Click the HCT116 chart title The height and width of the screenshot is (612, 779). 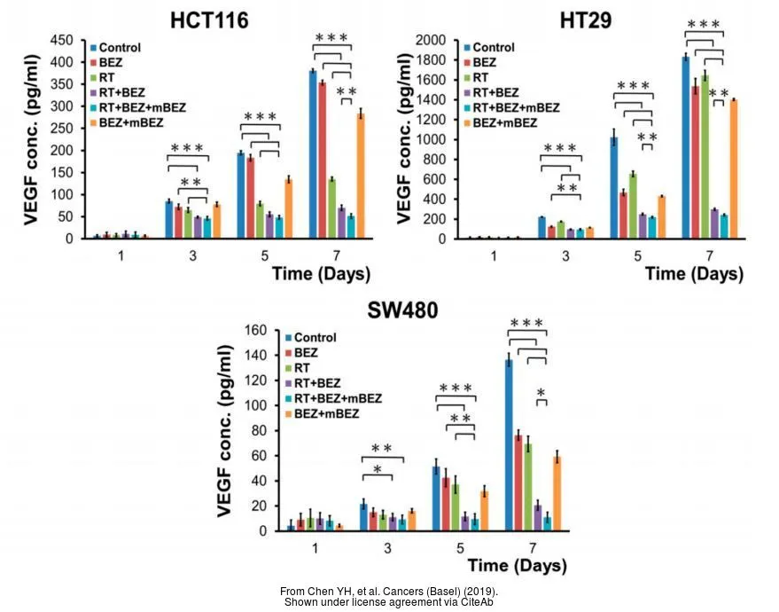pos(209,21)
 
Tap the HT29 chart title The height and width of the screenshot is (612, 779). pos(586,21)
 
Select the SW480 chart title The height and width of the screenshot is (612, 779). pos(402,310)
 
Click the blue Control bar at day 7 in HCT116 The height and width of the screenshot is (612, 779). pos(313,154)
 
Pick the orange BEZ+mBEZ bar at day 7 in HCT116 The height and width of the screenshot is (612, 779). pos(362,176)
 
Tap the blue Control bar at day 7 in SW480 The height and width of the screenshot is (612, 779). pos(509,445)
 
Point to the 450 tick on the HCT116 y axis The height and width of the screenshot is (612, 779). pos(62,40)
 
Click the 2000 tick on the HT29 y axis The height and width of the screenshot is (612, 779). pos(431,40)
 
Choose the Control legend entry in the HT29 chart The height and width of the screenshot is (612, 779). pos(489,47)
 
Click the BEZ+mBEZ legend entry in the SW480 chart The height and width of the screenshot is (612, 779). pos(322,413)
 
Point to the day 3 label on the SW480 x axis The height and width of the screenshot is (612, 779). pos(387,548)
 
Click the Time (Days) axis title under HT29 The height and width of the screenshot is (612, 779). pos(694,274)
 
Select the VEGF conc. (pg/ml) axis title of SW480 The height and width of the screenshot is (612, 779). pos(225,430)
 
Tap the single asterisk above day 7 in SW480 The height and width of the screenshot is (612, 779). pos(541,393)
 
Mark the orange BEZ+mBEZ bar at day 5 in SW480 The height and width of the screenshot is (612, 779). pos(485,511)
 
